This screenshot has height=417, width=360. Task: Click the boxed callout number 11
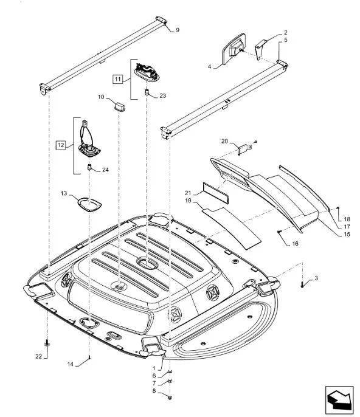click(117, 79)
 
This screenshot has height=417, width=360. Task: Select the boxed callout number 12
click(61, 145)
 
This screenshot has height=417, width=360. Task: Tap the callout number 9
click(178, 30)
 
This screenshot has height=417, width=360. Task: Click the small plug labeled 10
click(120, 106)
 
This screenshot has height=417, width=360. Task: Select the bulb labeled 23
click(147, 93)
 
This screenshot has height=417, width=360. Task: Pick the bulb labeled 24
click(89, 168)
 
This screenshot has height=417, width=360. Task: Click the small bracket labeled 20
click(244, 149)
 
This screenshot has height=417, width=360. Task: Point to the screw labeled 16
click(279, 232)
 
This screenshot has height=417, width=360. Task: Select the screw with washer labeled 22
click(47, 343)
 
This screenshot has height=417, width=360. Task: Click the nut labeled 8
click(170, 398)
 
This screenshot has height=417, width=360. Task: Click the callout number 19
click(188, 201)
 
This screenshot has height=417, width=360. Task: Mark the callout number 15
click(347, 235)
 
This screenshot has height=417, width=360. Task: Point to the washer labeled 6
click(170, 372)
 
